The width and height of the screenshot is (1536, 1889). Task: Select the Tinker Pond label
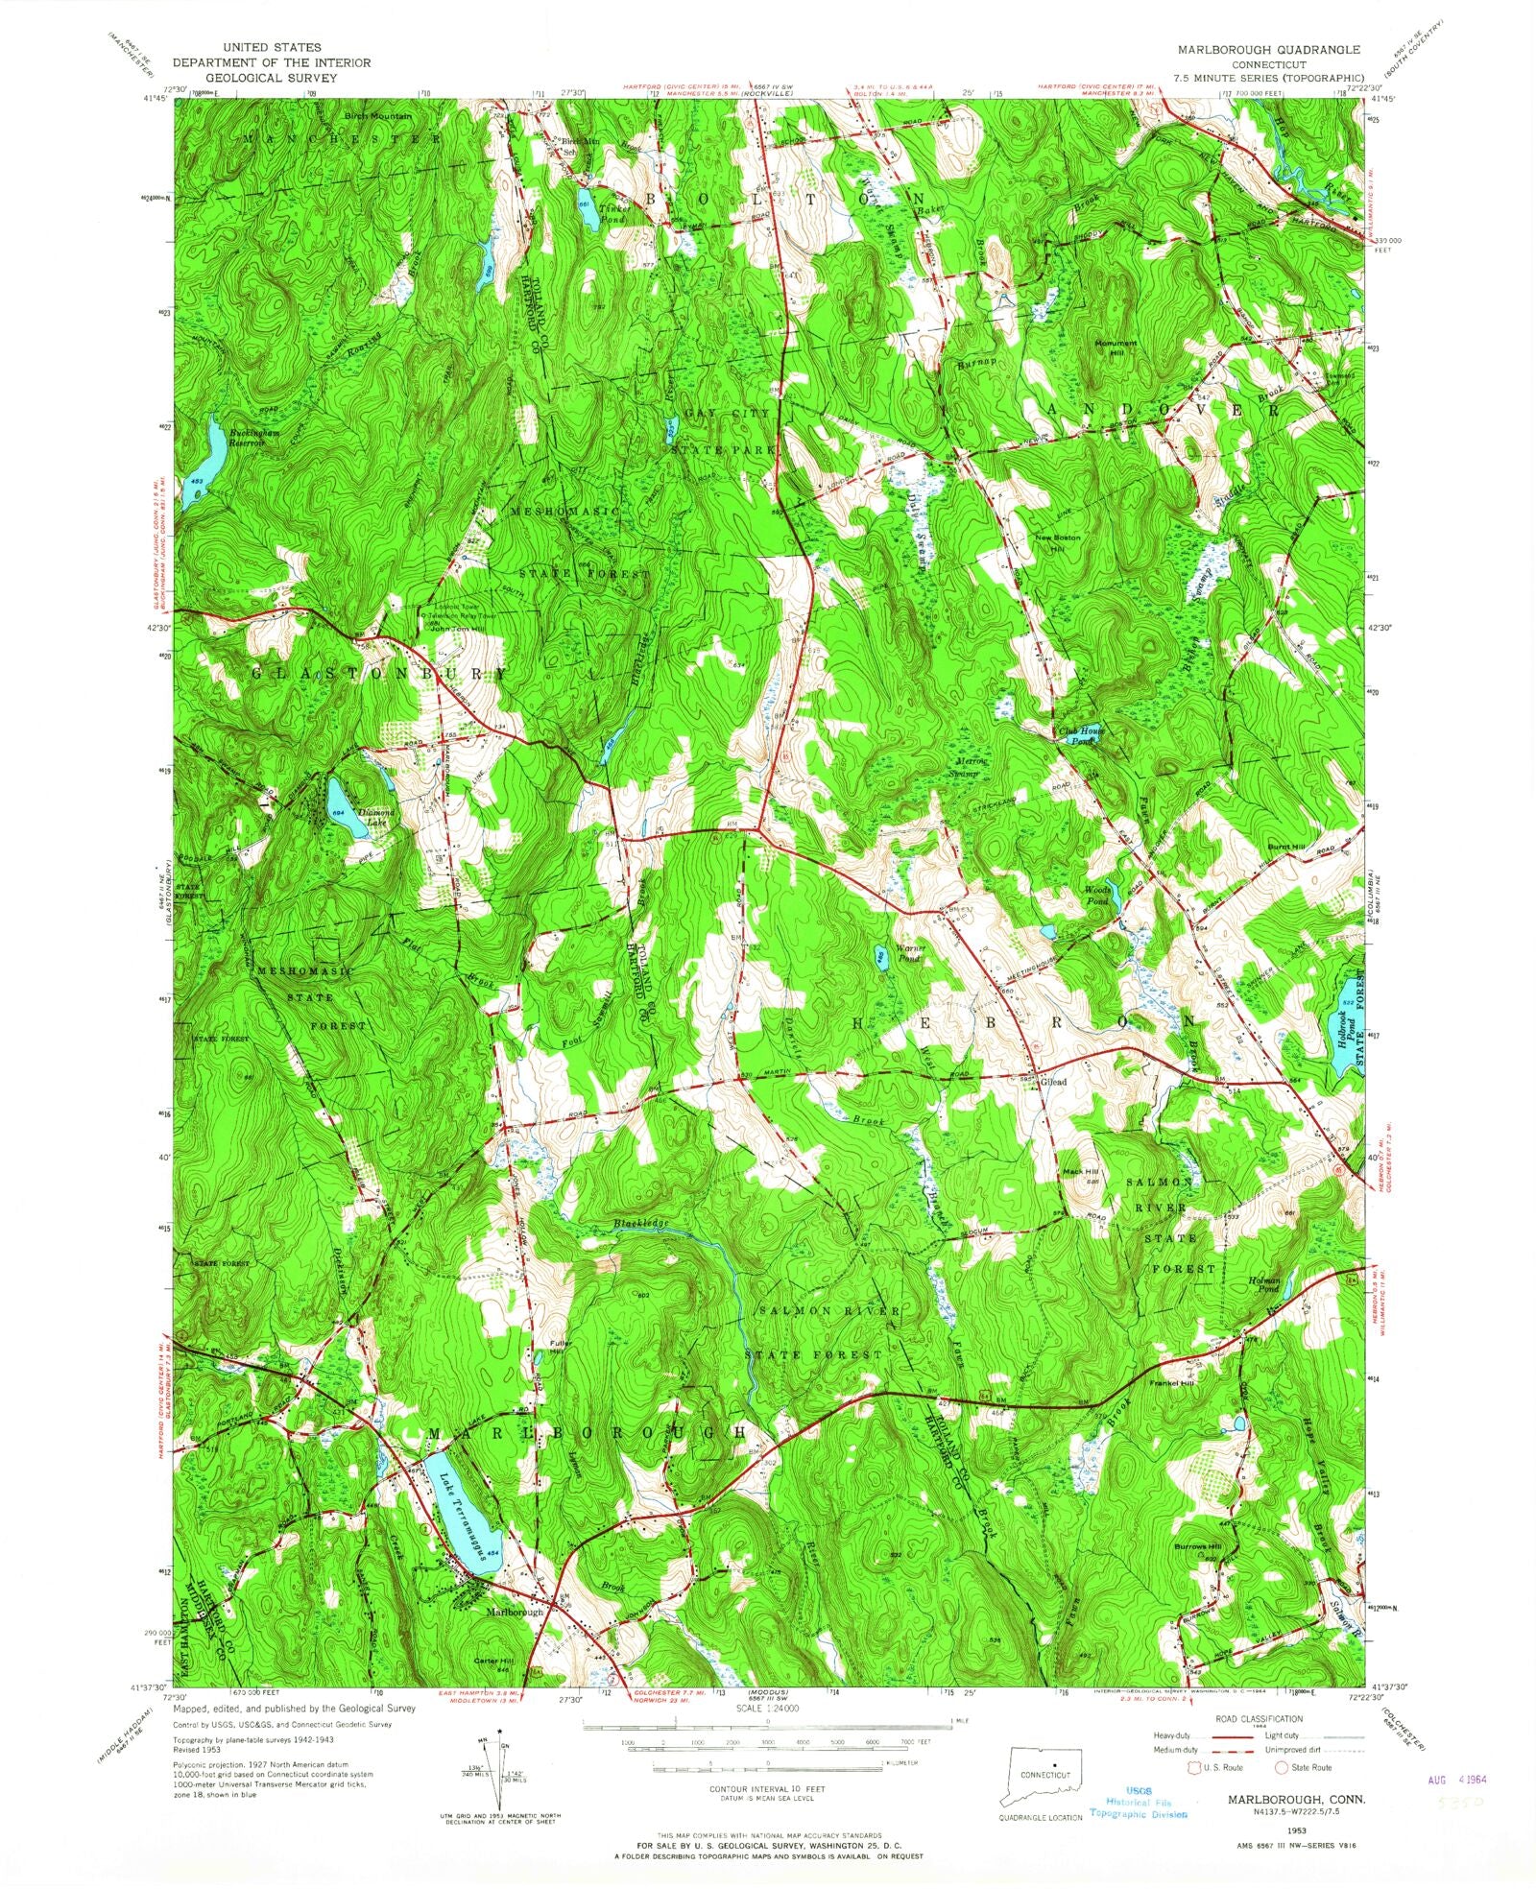(x=612, y=212)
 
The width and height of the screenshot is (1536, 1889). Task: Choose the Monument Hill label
(x=1116, y=347)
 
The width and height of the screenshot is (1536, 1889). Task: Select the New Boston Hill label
(x=1057, y=542)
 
